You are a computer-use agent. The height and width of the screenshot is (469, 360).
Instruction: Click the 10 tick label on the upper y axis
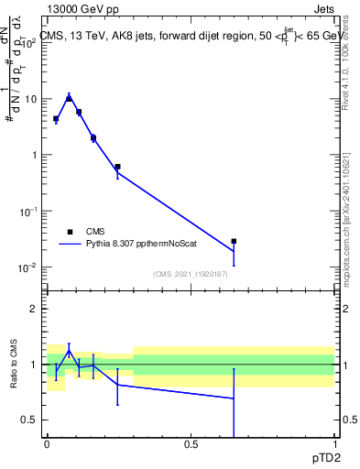31,98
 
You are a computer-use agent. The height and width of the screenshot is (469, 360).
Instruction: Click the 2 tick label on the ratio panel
34,309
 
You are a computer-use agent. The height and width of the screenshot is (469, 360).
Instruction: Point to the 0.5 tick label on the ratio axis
29,420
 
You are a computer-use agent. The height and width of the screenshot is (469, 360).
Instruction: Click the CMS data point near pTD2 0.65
234,242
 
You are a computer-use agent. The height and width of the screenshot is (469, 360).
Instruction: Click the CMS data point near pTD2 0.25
118,167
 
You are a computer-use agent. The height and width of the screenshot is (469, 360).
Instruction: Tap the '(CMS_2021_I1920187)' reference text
191,273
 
